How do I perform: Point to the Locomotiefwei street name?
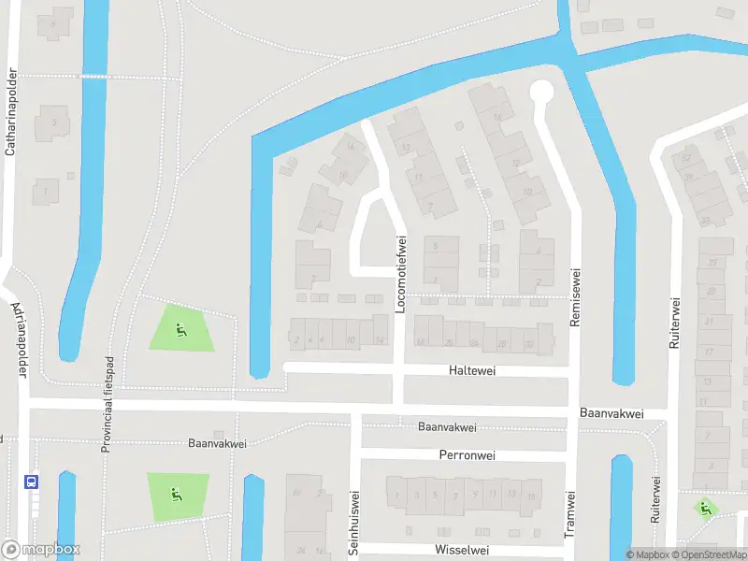(x=401, y=273)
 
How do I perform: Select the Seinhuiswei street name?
(x=354, y=524)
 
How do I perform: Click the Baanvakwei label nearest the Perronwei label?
(x=447, y=427)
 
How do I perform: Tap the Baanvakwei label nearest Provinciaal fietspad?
(x=216, y=443)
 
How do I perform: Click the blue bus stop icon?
(x=32, y=482)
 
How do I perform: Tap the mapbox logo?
(x=41, y=550)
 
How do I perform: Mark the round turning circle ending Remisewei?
(x=541, y=92)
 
